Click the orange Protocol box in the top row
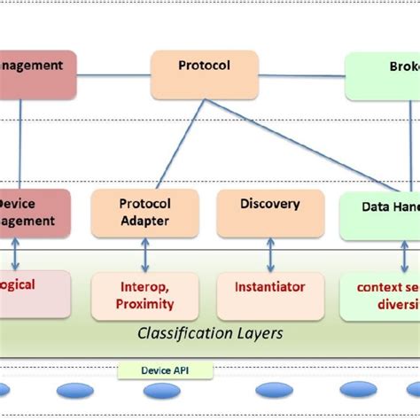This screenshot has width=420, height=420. pos(204,74)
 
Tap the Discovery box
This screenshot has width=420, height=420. pos(269,212)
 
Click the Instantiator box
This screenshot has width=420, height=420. pos(269,295)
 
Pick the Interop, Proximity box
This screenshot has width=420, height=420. pos(144,295)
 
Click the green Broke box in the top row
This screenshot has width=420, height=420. pos(382,75)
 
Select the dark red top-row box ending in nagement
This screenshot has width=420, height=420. pos(37,74)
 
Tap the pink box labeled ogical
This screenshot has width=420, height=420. pos(34,294)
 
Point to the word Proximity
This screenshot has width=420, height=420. pos(144,304)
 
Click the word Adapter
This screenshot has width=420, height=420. pos(144,222)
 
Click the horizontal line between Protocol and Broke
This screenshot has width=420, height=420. pos(301,75)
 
